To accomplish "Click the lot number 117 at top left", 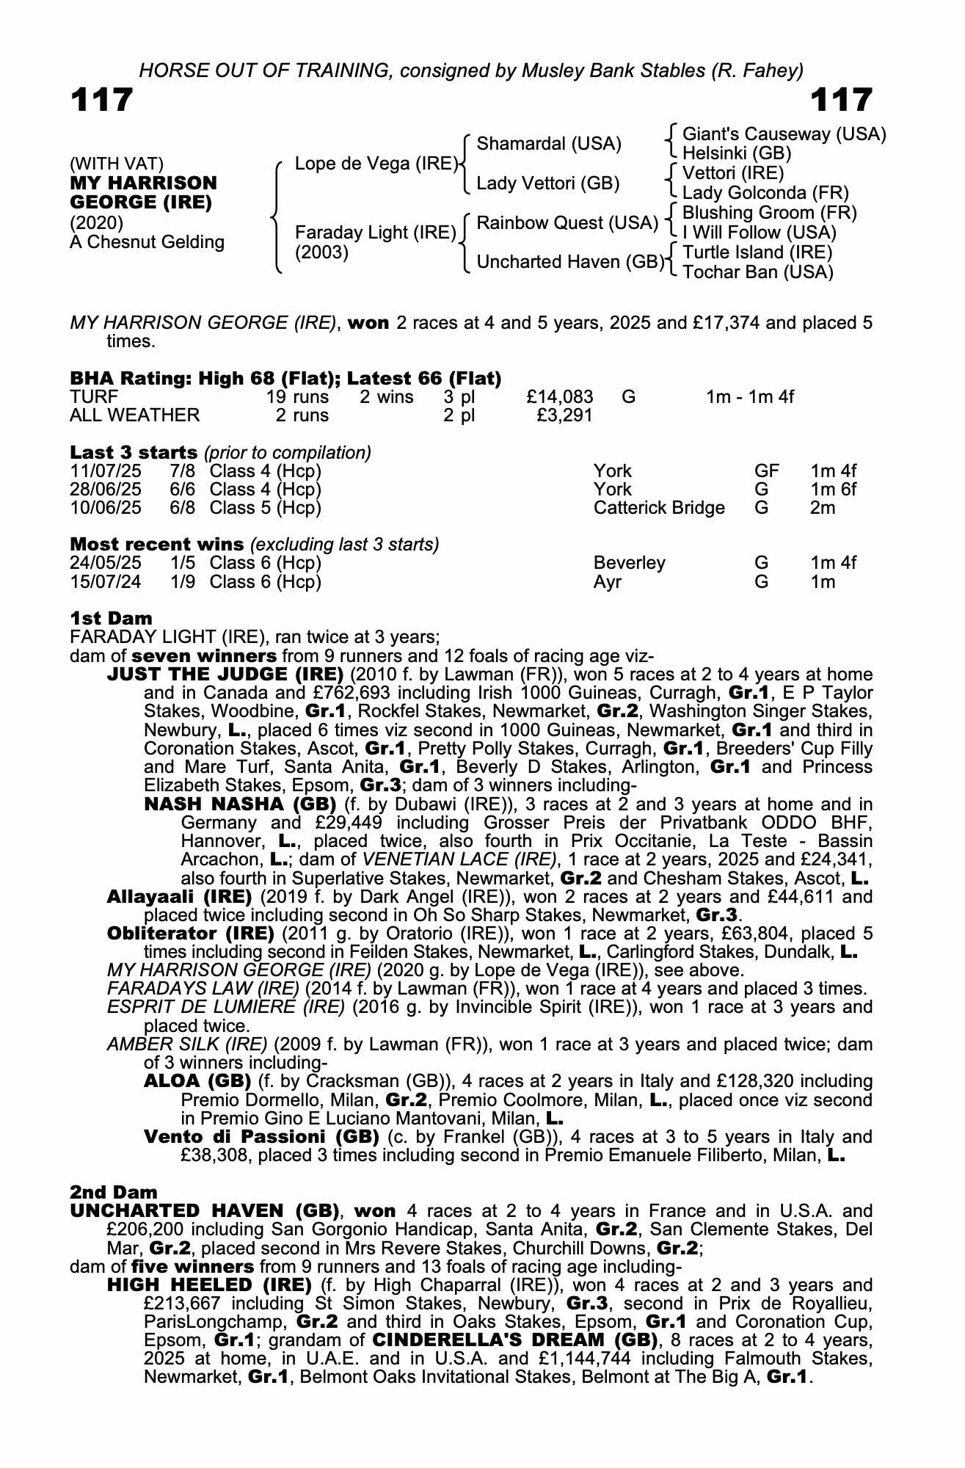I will pyautogui.click(x=102, y=100).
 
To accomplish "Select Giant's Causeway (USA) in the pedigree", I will pyautogui.click(x=784, y=134).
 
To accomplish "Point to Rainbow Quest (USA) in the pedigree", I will pyautogui.click(x=567, y=222).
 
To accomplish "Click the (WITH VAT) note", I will pyautogui.click(x=117, y=164).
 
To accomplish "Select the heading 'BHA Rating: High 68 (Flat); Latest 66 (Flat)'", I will pyautogui.click(x=285, y=379).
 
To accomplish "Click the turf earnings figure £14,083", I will pyautogui.click(x=559, y=397).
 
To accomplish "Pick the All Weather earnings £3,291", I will pyautogui.click(x=564, y=415).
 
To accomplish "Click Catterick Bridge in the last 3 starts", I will pyautogui.click(x=658, y=508).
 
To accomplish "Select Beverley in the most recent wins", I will pyautogui.click(x=629, y=563).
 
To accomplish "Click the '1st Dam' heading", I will pyautogui.click(x=112, y=618).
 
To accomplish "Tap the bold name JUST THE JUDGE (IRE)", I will pyautogui.click(x=225, y=675).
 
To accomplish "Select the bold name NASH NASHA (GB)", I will pyautogui.click(x=240, y=804).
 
